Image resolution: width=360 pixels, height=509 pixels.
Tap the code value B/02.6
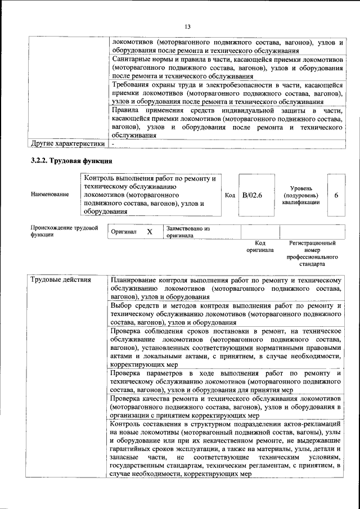pyautogui.click(x=253, y=195)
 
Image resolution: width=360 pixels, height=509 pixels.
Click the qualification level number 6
pyautogui.click(x=336, y=195)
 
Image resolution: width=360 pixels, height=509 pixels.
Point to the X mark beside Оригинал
pyautogui.click(x=150, y=232)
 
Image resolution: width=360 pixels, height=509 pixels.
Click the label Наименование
pyautogui.click(x=50, y=195)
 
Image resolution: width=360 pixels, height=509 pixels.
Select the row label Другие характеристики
pyautogui.click(x=67, y=143)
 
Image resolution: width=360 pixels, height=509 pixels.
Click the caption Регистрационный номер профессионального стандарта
pyautogui.click(x=312, y=253)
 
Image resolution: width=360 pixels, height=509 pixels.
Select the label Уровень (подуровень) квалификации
pyautogui.click(x=301, y=195)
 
